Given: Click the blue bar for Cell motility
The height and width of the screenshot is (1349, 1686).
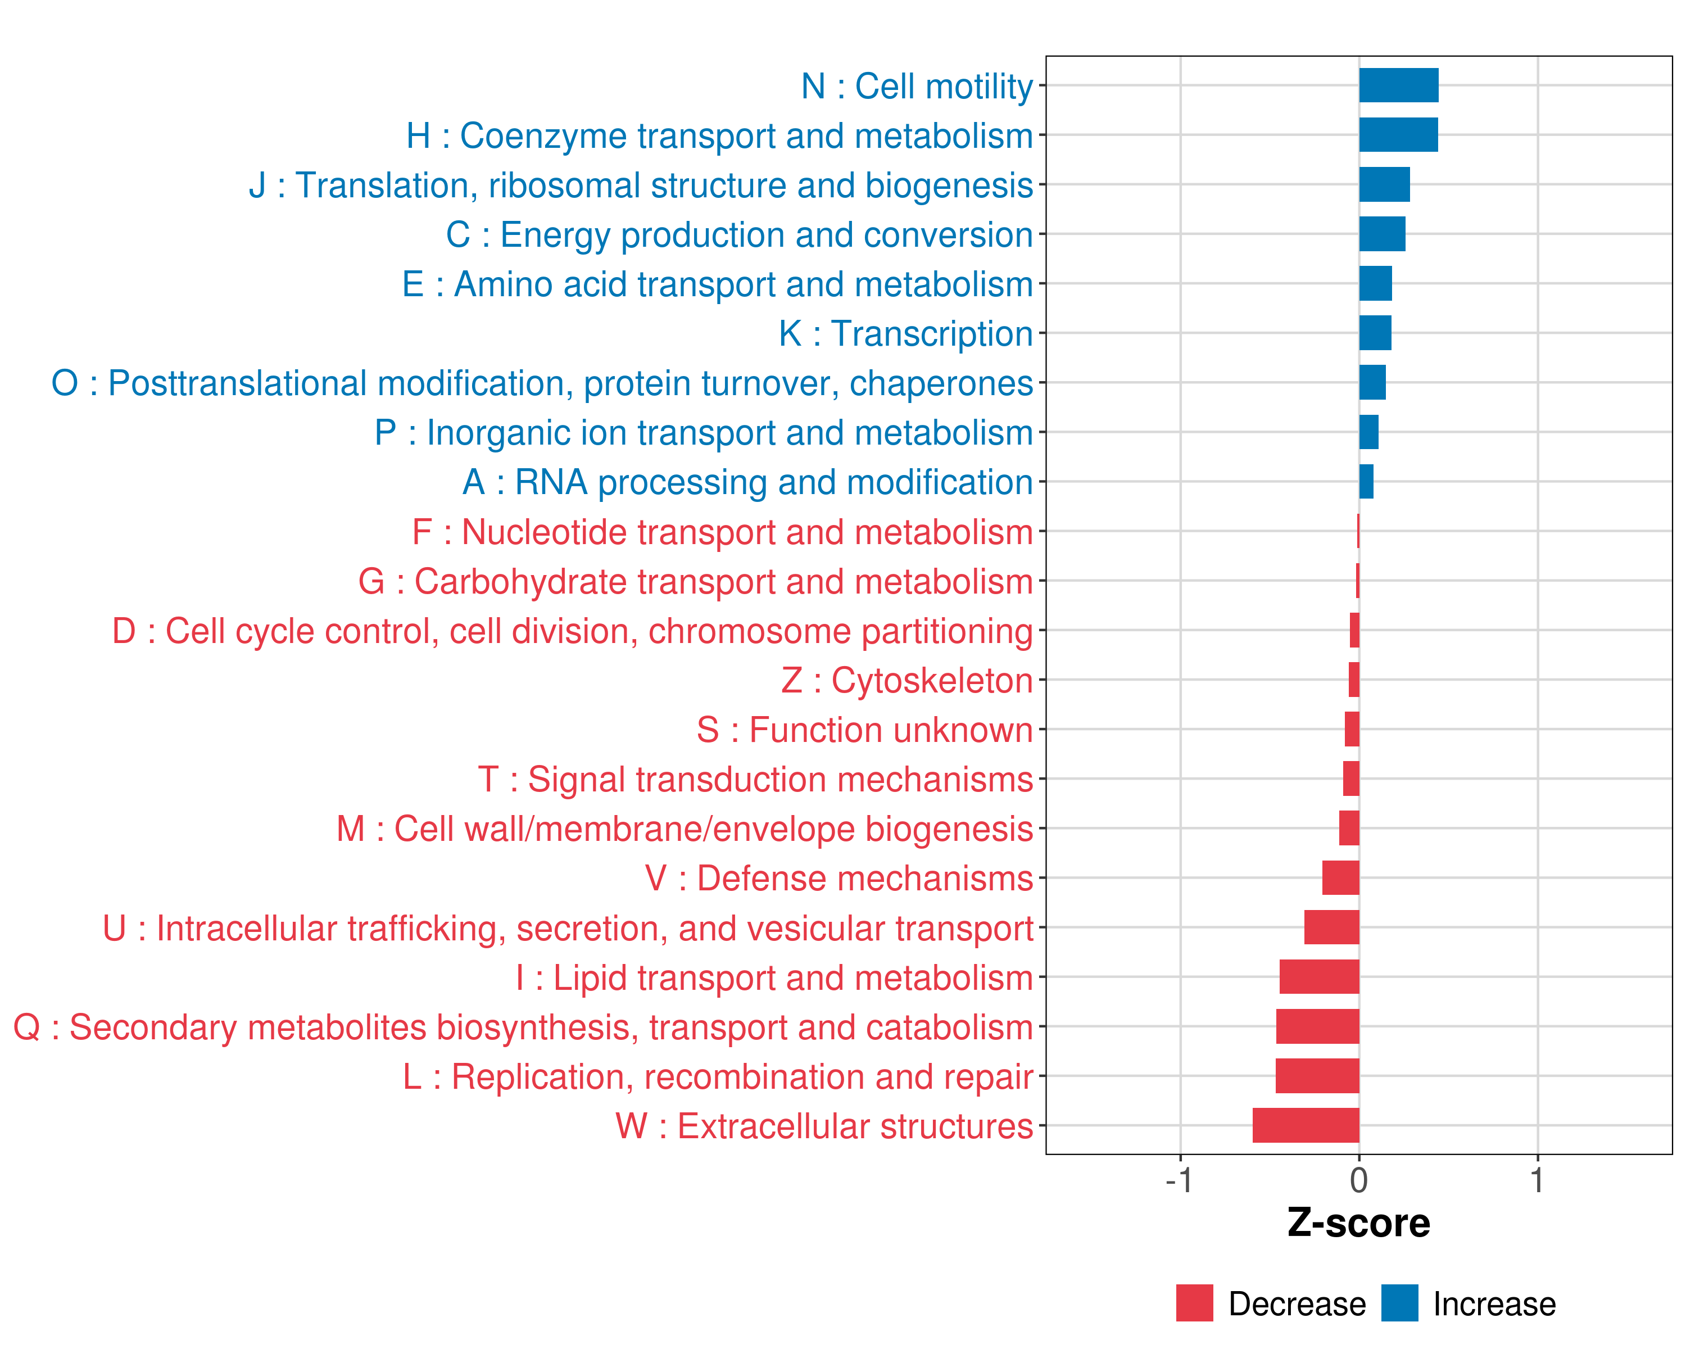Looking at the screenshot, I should (1398, 85).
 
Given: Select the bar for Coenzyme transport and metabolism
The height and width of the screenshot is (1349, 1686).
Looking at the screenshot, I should (1398, 134).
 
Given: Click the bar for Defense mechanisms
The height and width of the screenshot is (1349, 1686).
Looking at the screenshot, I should (1340, 877).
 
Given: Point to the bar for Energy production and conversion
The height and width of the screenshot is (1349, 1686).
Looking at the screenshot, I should (1382, 234).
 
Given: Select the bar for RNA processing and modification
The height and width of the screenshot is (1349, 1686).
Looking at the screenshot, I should (1366, 482).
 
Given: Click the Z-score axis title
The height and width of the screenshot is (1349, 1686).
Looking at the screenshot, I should (1359, 1223).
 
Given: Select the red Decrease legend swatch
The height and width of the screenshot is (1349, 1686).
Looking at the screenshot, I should (1194, 1303).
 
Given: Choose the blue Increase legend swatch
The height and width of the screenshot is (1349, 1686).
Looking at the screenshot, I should (1399, 1303).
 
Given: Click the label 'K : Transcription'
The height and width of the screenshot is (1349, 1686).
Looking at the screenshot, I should (905, 334).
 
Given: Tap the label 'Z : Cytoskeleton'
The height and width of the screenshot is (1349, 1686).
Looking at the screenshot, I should (907, 680).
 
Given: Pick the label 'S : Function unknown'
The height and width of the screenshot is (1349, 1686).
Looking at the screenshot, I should (865, 730).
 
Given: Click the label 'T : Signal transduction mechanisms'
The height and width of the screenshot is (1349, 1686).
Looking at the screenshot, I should (755, 780).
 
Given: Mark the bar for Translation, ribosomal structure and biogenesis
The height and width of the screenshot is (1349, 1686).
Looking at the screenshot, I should (1384, 184).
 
